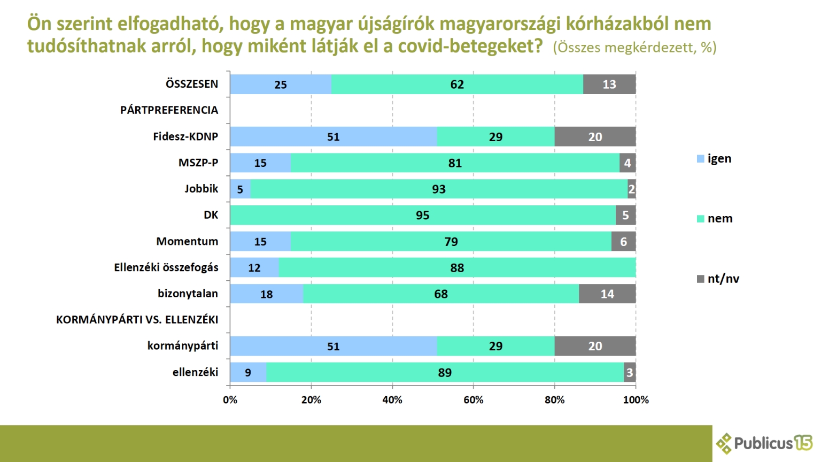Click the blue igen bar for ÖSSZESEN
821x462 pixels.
click(281, 84)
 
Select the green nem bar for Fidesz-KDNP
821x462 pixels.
click(495, 137)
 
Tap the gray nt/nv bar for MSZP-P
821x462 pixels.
click(628, 163)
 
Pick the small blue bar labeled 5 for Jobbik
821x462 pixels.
click(240, 189)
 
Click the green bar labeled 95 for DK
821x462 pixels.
click(422, 215)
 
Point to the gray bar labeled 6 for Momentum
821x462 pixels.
click(623, 242)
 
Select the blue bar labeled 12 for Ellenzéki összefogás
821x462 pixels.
click(254, 268)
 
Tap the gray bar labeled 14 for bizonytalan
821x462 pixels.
click(607, 294)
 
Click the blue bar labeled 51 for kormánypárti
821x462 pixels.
click(333, 346)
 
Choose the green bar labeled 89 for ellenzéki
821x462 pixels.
click(445, 373)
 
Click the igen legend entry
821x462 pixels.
click(715, 159)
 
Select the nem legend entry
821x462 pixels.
click(715, 219)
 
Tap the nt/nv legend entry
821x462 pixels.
click(718, 279)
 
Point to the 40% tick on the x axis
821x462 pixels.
click(392, 400)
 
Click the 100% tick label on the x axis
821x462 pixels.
click(636, 400)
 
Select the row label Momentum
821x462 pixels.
click(187, 242)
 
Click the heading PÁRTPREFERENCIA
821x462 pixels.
click(169, 110)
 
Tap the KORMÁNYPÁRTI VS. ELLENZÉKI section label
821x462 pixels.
click(137, 320)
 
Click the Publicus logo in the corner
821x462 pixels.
click(764, 443)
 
